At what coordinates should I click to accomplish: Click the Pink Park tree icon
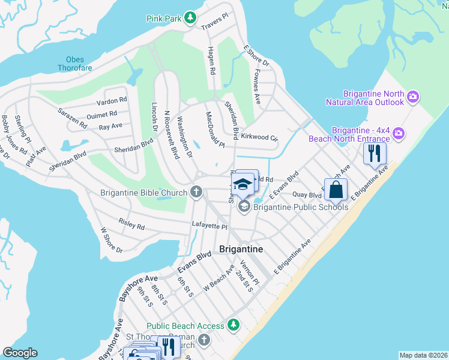[x=190, y=18]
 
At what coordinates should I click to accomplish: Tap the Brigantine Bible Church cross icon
[x=196, y=193]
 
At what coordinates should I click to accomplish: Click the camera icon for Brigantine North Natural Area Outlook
[x=412, y=97]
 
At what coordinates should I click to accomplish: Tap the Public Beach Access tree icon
[x=233, y=326]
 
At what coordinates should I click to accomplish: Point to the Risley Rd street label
[x=131, y=225]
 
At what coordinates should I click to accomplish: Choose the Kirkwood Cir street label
[x=259, y=137]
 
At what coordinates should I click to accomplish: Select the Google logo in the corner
[x=20, y=353]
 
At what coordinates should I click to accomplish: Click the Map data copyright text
[x=423, y=355]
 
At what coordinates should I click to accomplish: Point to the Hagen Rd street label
[x=211, y=61]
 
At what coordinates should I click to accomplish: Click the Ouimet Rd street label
[x=101, y=115]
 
